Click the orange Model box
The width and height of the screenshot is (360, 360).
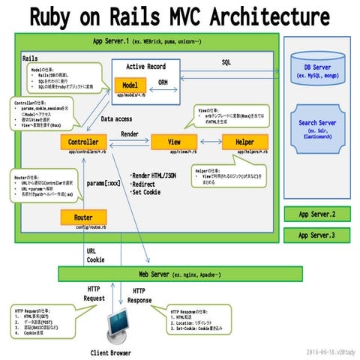[x=130, y=85]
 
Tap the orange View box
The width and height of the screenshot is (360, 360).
[x=173, y=142]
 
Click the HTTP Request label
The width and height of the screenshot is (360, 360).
[x=94, y=293]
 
